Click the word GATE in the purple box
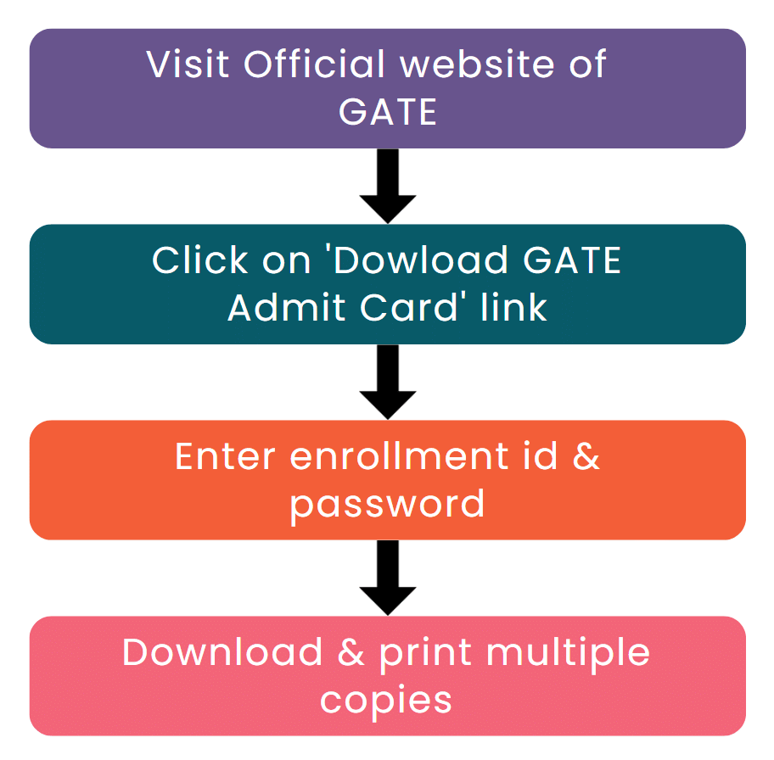(387, 112)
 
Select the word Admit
(278, 307)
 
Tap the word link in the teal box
(513, 307)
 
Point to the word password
(387, 505)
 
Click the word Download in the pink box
(222, 652)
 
